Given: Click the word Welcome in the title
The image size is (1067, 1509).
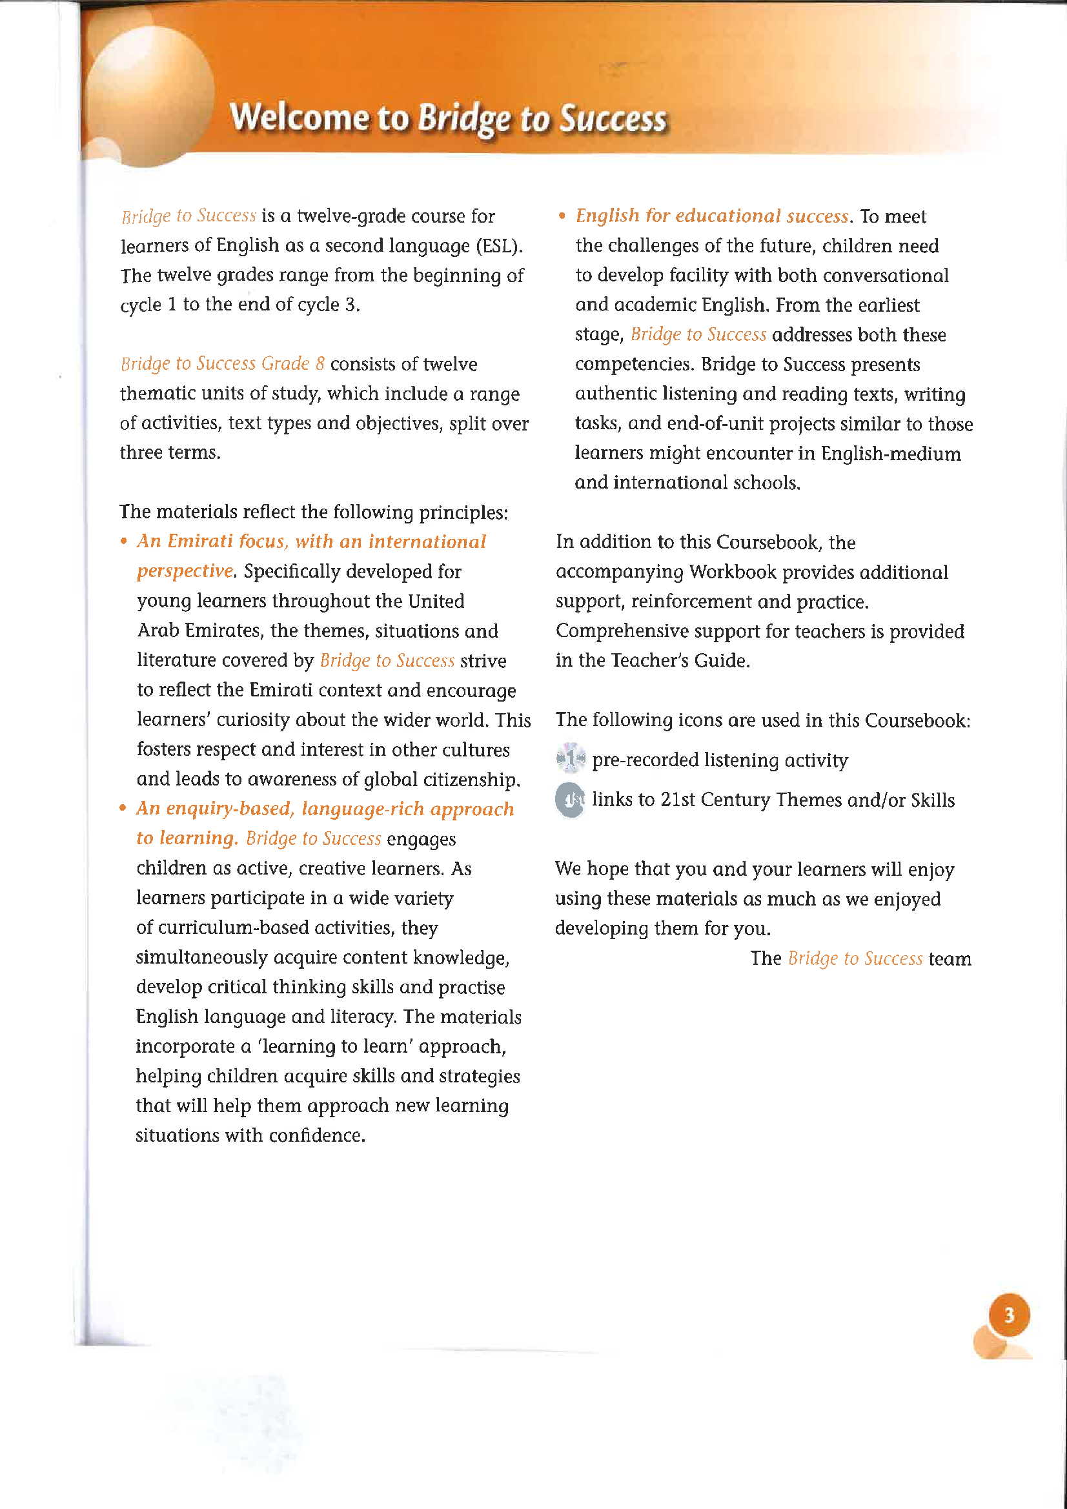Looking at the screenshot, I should tap(299, 118).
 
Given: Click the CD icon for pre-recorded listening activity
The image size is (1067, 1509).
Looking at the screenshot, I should tap(570, 758).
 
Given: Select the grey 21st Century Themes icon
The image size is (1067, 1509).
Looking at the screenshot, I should tap(570, 799).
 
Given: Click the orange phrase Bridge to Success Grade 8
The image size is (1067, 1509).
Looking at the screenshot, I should tap(222, 363).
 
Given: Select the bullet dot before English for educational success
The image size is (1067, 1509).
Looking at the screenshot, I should tap(562, 216).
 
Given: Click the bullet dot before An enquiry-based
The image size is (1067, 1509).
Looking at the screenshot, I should tap(123, 808).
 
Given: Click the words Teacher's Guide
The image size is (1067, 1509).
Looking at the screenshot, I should tap(680, 660).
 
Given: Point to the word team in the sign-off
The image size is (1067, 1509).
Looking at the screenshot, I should tap(950, 958).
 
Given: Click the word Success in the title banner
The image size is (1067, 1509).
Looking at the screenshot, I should tap(613, 118).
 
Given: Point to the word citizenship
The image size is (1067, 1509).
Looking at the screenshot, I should tap(471, 780).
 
